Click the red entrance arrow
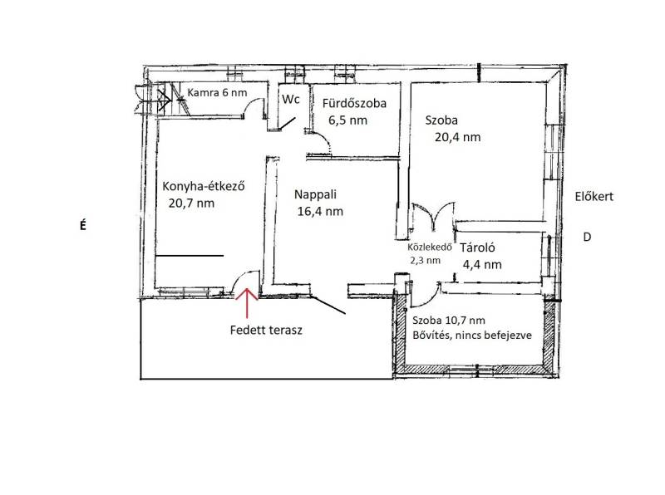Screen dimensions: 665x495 tap(247, 303)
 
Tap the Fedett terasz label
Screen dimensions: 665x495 tap(266, 331)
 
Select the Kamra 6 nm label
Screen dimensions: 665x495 tap(217, 92)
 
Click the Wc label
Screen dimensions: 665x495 tap(291, 99)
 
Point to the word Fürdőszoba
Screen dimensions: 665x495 tap(354, 104)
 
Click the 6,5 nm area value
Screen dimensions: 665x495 tap(347, 120)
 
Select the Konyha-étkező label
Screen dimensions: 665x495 tap(204, 187)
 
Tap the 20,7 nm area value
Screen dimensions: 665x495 tap(191, 203)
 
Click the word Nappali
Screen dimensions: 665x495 tap(315, 194)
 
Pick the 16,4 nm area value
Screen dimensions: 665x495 tap(320, 212)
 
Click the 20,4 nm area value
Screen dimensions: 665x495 tap(458, 137)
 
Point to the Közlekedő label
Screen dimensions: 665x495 tap(429, 247)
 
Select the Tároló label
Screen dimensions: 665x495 tap(477, 247)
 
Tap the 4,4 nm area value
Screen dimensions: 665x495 tap(482, 265)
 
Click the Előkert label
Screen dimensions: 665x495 tap(594, 197)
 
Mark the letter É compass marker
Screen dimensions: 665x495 tap(82, 224)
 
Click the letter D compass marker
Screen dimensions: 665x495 tap(587, 237)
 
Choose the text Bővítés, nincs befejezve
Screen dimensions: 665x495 tap(472, 336)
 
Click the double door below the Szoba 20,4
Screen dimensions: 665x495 tap(433, 216)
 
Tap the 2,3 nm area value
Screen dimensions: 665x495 tap(425, 260)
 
